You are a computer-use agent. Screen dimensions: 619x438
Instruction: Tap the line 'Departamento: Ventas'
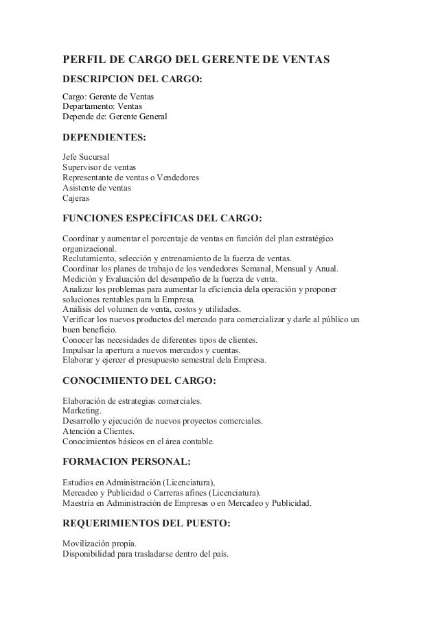tap(103, 107)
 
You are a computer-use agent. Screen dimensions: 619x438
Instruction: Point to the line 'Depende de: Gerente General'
tap(115, 117)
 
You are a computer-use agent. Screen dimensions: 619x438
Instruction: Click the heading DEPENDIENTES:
tap(104, 138)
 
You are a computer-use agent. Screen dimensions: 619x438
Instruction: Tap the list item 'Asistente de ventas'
tap(97, 188)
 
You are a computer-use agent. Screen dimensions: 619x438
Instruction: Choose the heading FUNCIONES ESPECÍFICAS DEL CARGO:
tap(162, 219)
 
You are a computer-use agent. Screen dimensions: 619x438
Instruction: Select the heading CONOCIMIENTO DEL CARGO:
tap(139, 383)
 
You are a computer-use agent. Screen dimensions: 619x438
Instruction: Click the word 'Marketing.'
tap(82, 411)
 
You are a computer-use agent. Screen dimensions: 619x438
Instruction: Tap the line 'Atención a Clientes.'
tap(99, 431)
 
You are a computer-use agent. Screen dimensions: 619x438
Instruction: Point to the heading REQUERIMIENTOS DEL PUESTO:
tap(146, 524)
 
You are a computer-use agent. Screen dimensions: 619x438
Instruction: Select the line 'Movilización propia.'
tap(99, 544)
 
